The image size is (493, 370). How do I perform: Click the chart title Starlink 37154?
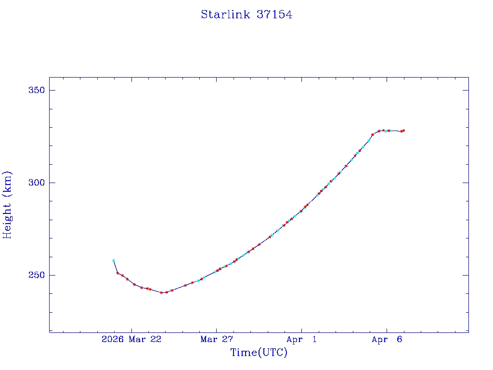click(246, 15)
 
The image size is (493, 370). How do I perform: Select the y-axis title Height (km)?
click(7, 205)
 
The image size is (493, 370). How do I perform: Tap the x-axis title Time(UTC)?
click(259, 353)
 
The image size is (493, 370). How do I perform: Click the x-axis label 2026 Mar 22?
click(131, 340)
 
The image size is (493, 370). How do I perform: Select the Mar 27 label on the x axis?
click(217, 340)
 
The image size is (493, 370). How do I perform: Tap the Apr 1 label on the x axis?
click(301, 340)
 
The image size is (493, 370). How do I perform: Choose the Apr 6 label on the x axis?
click(387, 340)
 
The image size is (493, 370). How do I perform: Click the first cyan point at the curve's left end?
click(114, 261)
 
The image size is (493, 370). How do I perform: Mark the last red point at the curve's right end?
click(403, 131)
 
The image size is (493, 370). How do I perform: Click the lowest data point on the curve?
click(161, 292)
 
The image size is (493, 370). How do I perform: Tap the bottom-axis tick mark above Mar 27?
click(216, 330)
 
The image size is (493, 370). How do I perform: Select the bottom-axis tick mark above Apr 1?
click(301, 330)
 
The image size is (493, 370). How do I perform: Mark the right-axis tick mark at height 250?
click(466, 275)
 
